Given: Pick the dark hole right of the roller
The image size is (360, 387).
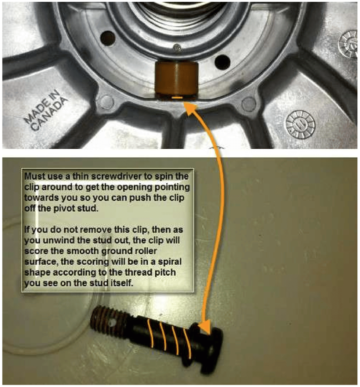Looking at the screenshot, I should point(222,62).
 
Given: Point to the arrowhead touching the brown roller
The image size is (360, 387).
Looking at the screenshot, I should point(189,107).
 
